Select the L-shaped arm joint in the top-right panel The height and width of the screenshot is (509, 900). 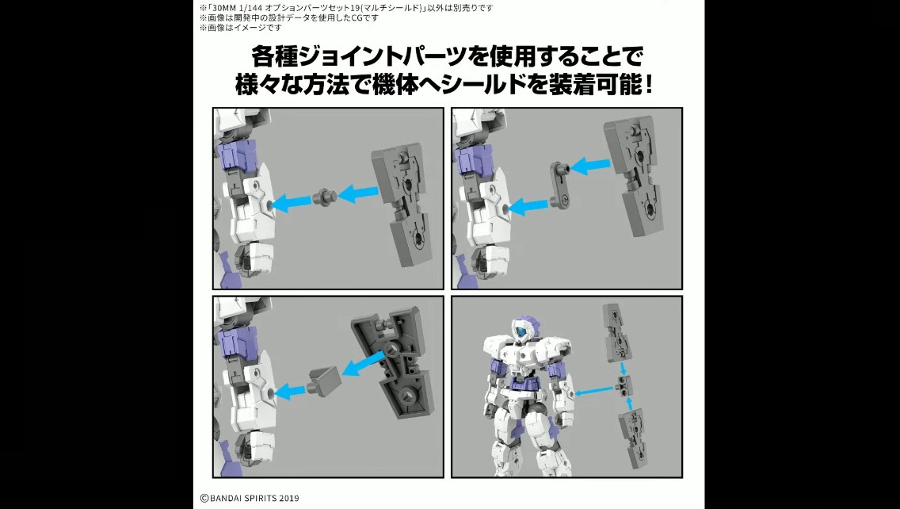560,183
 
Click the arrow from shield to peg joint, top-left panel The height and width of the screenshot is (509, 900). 357,193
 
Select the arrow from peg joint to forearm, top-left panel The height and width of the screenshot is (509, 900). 291,201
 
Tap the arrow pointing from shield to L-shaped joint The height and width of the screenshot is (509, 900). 590,166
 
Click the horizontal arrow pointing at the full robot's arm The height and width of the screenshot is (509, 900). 595,391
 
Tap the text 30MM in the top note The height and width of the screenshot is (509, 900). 222,8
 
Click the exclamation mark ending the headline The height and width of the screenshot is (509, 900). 649,86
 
